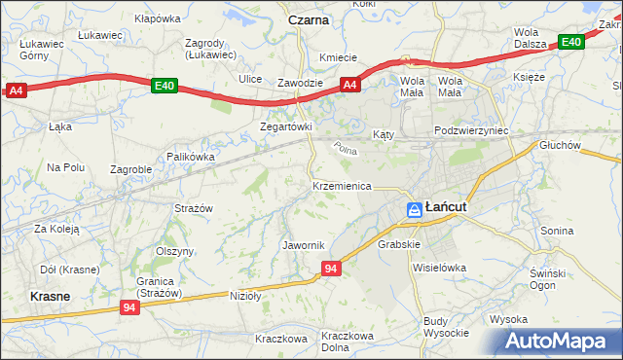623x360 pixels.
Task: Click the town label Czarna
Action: pyautogui.click(x=309, y=19)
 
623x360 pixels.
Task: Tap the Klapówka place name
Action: pyautogui.click(x=158, y=18)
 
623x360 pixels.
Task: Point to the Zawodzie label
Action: pyautogui.click(x=300, y=83)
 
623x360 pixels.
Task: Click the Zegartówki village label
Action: pyautogui.click(x=285, y=126)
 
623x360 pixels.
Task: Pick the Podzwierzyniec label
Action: pyautogui.click(x=473, y=130)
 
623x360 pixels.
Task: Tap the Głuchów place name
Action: pyautogui.click(x=560, y=145)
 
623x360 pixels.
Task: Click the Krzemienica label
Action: pyautogui.click(x=342, y=185)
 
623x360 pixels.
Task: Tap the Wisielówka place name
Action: pyautogui.click(x=439, y=267)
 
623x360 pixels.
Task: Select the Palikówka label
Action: pyautogui.click(x=190, y=156)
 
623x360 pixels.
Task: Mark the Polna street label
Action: pyautogui.click(x=345, y=149)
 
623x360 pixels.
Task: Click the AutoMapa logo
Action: pyautogui.click(x=561, y=342)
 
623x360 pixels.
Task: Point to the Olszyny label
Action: pyautogui.click(x=175, y=250)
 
